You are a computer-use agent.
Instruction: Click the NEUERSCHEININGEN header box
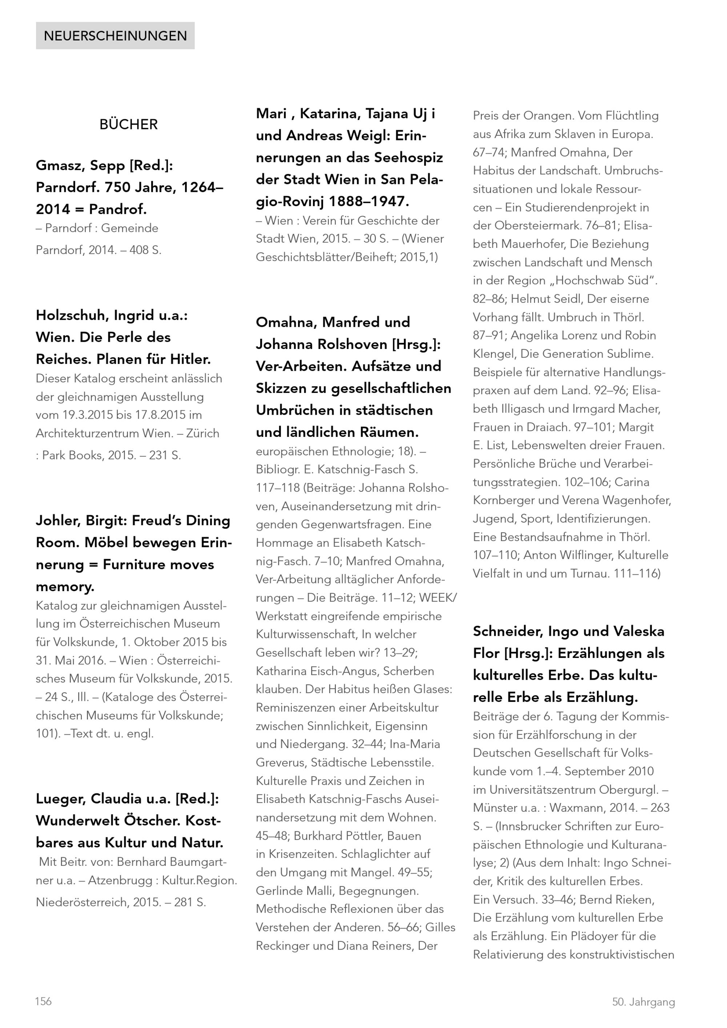[x=115, y=35]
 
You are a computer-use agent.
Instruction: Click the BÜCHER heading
[x=128, y=124]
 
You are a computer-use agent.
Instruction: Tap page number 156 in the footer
[x=43, y=1001]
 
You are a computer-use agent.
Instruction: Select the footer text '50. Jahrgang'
[x=643, y=1001]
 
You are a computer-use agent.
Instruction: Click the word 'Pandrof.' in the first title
[x=118, y=209]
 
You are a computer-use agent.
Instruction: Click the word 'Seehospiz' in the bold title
[x=408, y=158]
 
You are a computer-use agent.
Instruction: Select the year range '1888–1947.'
[x=369, y=201]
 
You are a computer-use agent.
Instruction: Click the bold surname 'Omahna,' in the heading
[x=286, y=322]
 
